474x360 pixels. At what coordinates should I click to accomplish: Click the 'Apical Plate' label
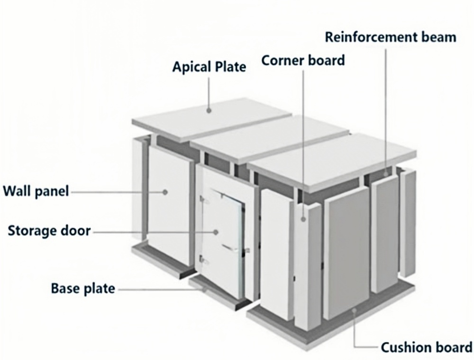(209, 67)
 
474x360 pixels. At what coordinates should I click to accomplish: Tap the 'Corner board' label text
(303, 61)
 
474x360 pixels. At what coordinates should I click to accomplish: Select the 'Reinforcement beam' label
(391, 37)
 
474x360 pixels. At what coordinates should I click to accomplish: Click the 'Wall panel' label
(36, 191)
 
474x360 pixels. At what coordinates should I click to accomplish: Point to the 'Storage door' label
(49, 231)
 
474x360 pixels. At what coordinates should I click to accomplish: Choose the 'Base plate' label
(83, 288)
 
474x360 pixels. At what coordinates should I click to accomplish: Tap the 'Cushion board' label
(426, 347)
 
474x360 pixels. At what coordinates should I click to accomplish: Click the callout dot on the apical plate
(209, 110)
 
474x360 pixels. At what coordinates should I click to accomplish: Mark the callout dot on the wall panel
(165, 192)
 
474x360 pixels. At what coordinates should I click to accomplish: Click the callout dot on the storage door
(216, 232)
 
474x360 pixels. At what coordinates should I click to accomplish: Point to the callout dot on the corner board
(303, 219)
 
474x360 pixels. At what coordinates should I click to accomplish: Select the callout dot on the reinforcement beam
(386, 174)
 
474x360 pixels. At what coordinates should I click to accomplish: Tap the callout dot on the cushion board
(354, 310)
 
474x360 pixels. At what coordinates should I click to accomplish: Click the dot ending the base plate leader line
(204, 290)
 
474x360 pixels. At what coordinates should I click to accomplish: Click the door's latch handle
(236, 248)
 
